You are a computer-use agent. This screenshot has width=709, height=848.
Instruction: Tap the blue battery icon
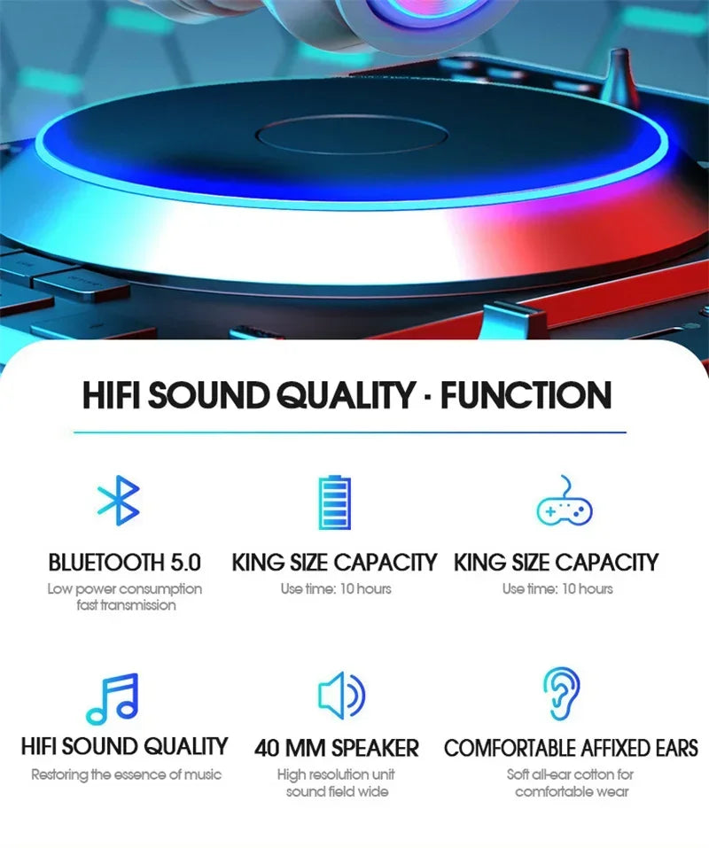coord(334,502)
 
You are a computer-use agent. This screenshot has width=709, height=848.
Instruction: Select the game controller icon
coord(565,503)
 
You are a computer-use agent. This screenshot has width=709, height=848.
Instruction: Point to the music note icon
coord(113,698)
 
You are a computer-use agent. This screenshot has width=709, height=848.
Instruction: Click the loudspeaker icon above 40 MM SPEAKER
coord(341,696)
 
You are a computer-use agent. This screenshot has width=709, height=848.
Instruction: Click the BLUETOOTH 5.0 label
coord(124,562)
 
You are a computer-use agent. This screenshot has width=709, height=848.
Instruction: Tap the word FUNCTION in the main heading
coord(526,395)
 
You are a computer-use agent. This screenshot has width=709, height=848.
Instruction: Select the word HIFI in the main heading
coord(112,395)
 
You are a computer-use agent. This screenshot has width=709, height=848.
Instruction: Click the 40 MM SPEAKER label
coord(337,748)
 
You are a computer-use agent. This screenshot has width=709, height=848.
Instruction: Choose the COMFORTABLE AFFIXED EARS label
coord(571,748)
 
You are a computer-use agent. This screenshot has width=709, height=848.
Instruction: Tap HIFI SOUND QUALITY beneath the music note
coord(124,746)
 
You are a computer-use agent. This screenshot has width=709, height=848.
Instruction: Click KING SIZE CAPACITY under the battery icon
coord(334,562)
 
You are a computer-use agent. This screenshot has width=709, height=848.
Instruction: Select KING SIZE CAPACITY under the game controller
coord(556,562)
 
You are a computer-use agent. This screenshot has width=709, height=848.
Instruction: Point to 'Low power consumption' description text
coord(124,588)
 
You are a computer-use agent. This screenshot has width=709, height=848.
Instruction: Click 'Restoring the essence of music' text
coord(126,774)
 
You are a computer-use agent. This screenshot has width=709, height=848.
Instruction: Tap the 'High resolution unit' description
coord(336,774)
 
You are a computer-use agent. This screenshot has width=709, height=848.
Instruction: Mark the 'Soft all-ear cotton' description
coord(571,774)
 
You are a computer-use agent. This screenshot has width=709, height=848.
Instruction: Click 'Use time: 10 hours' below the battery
coord(336,588)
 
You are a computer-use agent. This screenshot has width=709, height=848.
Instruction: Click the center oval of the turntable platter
coord(352,136)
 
